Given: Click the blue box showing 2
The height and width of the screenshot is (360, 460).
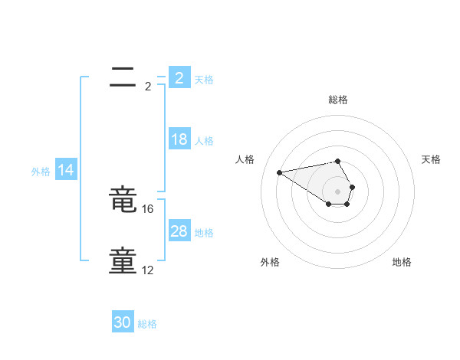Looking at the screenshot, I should pyautogui.click(x=179, y=78).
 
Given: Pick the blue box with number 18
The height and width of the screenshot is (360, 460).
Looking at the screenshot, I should pyautogui.click(x=179, y=139).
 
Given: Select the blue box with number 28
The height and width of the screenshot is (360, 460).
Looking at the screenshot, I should pyautogui.click(x=179, y=231).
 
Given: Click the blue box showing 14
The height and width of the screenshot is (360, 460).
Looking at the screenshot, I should pyautogui.click(x=66, y=170).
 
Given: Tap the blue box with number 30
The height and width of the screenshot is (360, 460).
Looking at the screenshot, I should pyautogui.click(x=123, y=322).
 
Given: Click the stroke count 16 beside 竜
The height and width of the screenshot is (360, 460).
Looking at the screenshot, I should pyautogui.click(x=149, y=208).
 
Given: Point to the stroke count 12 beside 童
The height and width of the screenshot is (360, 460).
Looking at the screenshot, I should pyautogui.click(x=149, y=270).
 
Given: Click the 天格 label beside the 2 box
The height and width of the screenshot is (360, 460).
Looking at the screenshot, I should pyautogui.click(x=204, y=80).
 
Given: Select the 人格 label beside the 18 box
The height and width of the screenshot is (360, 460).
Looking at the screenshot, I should pyautogui.click(x=204, y=141).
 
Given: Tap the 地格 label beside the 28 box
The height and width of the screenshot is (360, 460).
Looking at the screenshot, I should pyautogui.click(x=204, y=233).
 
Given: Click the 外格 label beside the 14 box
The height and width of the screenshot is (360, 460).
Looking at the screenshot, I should pyautogui.click(x=41, y=172).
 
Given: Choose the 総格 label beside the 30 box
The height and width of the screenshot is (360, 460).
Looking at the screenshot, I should pyautogui.click(x=147, y=324).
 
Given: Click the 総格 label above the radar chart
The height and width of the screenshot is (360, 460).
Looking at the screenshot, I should pyautogui.click(x=338, y=100).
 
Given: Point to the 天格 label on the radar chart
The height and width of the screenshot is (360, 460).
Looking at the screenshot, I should pyautogui.click(x=432, y=159).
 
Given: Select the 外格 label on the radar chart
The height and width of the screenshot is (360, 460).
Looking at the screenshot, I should pyautogui.click(x=270, y=262).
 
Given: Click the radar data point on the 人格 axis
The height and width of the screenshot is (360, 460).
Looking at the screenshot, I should pyautogui.click(x=279, y=172).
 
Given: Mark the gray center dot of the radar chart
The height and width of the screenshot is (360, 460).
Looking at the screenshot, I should pyautogui.click(x=338, y=191).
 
